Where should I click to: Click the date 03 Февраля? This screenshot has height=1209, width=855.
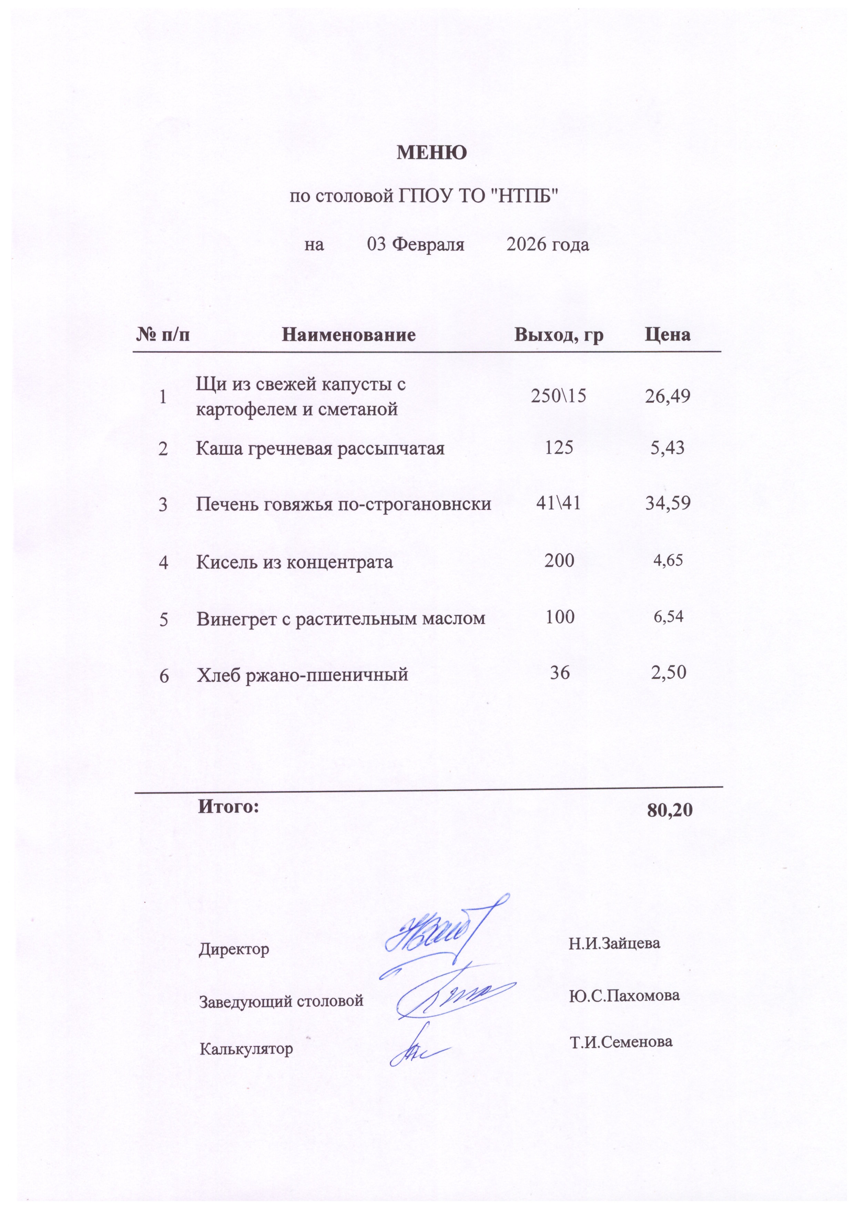[x=415, y=245]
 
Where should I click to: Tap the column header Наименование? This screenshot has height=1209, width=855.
[x=348, y=334]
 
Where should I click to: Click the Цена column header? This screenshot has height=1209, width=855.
[x=668, y=334]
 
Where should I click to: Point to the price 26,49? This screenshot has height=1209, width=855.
[x=668, y=396]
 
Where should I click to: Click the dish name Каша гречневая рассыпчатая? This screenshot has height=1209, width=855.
[x=320, y=448]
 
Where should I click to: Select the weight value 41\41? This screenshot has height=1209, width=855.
[x=558, y=503]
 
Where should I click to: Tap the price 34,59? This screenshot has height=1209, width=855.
[x=668, y=503]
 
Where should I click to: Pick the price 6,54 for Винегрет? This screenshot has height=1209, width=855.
[x=668, y=616]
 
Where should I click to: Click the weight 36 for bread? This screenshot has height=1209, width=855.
[x=560, y=673]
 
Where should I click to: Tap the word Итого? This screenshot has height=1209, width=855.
[x=228, y=806]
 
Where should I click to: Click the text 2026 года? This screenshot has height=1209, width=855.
[x=548, y=245]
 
